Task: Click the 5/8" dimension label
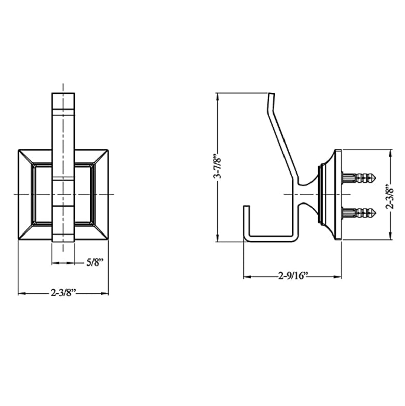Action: click(94, 263)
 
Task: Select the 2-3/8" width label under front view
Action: click(63, 293)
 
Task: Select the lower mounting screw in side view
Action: click(359, 213)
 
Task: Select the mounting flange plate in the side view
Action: click(338, 195)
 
